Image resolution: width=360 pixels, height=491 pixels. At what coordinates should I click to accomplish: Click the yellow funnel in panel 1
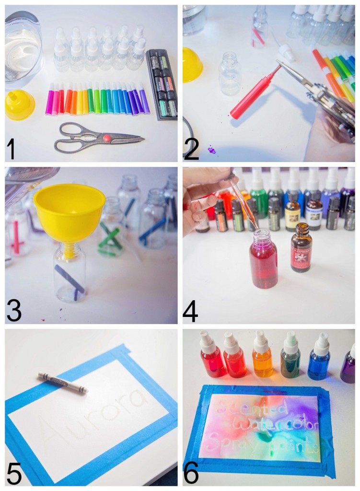(19, 105)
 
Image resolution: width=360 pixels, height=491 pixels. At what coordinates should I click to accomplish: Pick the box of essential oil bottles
(162, 83)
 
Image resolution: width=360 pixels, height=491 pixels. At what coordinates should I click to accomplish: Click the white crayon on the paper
(63, 384)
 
